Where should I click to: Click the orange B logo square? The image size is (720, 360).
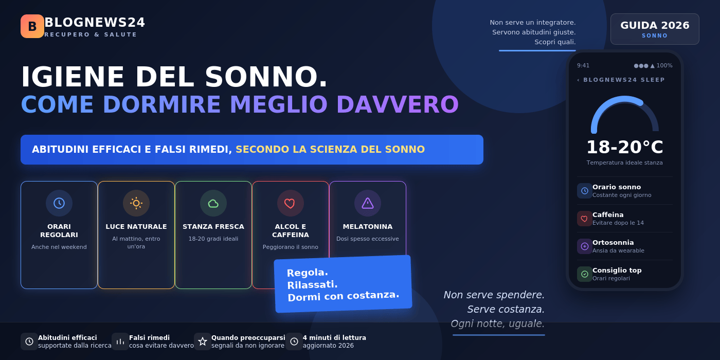32,26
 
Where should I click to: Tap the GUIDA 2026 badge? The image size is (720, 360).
655,29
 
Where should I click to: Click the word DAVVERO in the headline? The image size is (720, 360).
397,105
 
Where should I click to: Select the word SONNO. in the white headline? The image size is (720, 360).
266,77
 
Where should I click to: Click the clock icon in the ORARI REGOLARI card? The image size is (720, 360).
59,203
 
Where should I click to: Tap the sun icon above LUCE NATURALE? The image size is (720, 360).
136,203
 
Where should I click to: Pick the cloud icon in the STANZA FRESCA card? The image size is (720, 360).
213,203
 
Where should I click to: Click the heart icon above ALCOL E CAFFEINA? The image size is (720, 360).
290,203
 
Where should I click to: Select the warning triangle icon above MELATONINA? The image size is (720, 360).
368,203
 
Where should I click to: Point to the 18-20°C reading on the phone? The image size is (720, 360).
624,147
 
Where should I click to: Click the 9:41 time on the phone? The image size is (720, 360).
583,66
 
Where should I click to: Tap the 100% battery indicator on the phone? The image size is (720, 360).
664,66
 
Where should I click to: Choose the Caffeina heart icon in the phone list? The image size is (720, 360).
584,219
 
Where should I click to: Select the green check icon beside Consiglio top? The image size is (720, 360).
585,274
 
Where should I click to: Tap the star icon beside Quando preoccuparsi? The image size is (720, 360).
203,341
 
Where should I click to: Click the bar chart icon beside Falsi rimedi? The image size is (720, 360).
120,341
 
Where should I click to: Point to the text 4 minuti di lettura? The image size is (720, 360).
334,337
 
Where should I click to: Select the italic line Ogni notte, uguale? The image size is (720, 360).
498,323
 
